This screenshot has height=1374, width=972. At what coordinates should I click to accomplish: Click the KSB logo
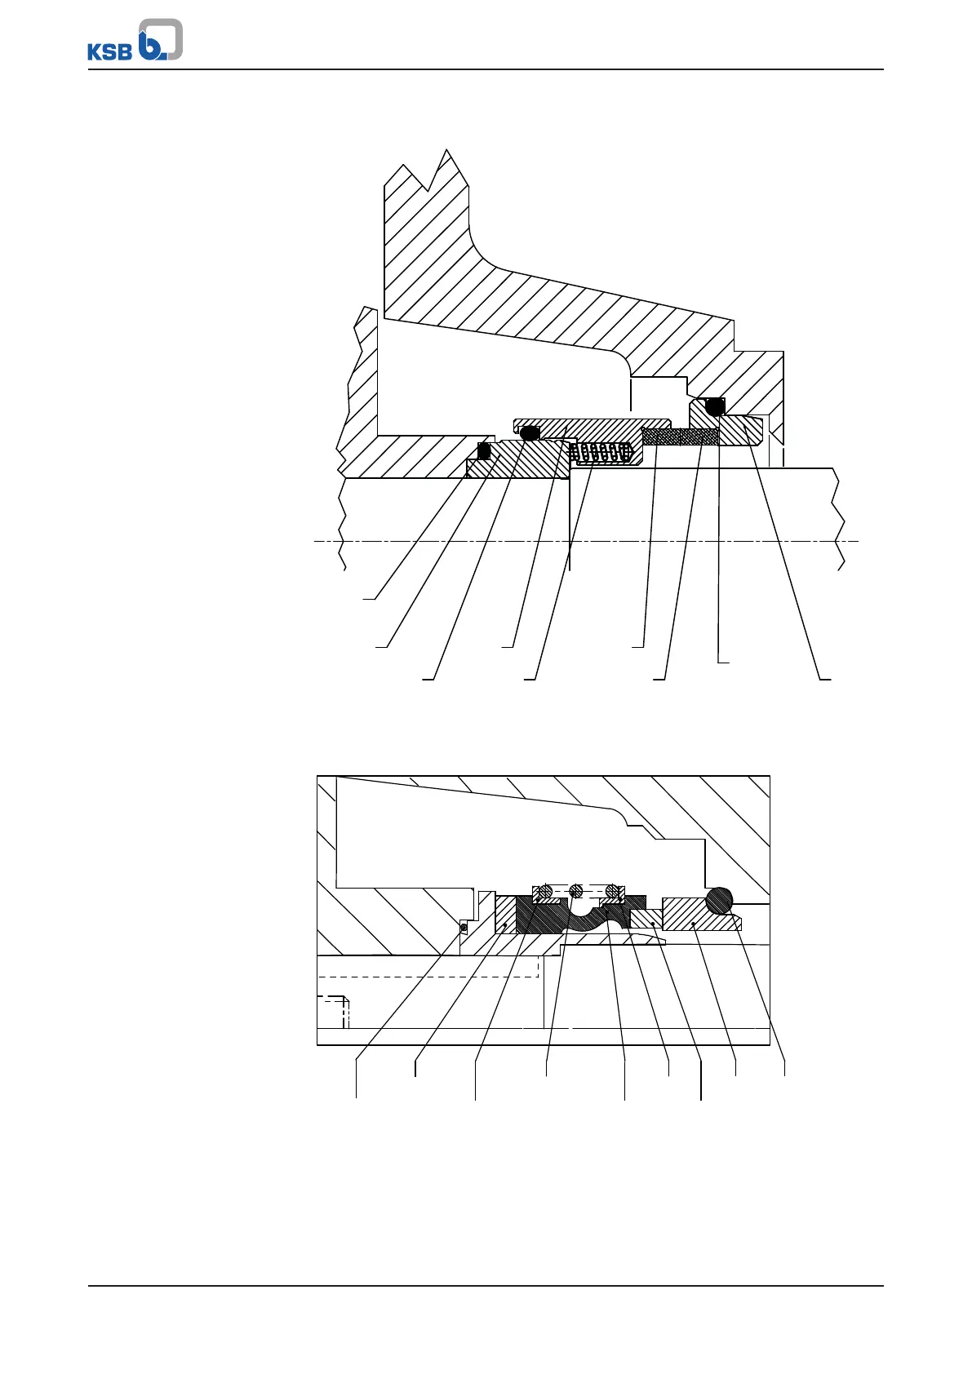[135, 41]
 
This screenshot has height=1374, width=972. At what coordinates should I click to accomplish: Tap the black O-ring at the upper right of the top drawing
[715, 406]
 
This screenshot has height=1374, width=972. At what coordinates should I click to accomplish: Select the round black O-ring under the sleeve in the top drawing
[530, 432]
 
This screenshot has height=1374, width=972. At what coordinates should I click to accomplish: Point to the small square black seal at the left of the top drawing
[483, 450]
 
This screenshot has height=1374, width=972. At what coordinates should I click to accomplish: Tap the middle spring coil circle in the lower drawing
[576, 890]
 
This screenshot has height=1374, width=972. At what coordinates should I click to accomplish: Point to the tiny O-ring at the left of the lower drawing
[464, 927]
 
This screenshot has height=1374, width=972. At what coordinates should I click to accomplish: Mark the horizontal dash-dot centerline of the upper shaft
[588, 541]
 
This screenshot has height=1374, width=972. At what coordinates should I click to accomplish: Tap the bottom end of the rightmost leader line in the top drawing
[825, 679]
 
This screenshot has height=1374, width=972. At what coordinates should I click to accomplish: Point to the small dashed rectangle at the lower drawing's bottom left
[334, 1011]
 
